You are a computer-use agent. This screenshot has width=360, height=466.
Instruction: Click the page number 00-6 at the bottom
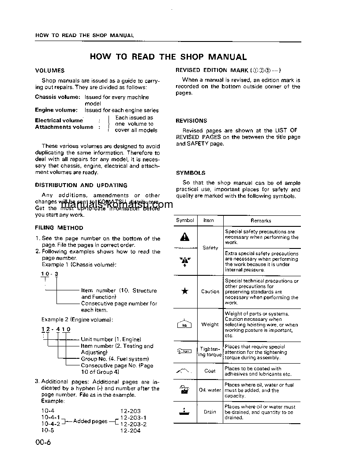[x=44, y=443]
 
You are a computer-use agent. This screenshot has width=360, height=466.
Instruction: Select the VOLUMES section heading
[x=49, y=71]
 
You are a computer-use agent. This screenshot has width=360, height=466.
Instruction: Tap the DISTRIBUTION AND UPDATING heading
[x=81, y=185]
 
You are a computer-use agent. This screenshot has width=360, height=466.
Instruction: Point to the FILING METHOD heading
[x=59, y=228]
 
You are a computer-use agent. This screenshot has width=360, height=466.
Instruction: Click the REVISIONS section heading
[x=191, y=120]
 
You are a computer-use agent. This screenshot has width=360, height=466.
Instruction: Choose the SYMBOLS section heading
[x=191, y=173]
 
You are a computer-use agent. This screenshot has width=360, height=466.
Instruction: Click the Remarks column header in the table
[x=261, y=221]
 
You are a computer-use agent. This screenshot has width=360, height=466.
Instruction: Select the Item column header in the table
[x=209, y=221]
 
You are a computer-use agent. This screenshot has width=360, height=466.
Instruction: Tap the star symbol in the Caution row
[x=185, y=291]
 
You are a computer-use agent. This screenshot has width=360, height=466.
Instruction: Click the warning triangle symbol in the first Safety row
[x=185, y=237]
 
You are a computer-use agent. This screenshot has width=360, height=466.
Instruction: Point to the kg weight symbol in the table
[x=185, y=324]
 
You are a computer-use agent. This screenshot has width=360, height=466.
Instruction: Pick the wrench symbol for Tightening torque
[x=185, y=352]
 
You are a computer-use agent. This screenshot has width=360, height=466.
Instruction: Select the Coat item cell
[x=210, y=371]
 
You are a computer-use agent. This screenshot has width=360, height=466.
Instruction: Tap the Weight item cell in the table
[x=210, y=324]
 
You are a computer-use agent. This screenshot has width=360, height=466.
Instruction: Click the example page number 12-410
[x=56, y=330]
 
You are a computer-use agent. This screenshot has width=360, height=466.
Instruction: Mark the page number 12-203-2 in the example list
[x=133, y=424]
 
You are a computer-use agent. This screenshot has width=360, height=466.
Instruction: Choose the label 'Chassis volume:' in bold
[x=57, y=97]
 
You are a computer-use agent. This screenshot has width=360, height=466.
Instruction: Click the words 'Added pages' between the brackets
[x=90, y=421]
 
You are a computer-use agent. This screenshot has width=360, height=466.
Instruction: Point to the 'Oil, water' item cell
[x=210, y=390]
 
